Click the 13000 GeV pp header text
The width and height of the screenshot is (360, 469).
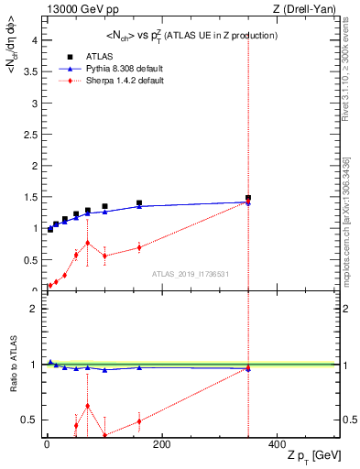pos(77,10)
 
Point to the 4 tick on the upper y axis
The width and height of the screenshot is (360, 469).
pos(33,38)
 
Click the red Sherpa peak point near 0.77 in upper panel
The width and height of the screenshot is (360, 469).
pos(87,243)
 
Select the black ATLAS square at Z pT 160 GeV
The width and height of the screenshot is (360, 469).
pos(139,203)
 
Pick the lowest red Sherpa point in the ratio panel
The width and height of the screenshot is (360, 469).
pos(104,434)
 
